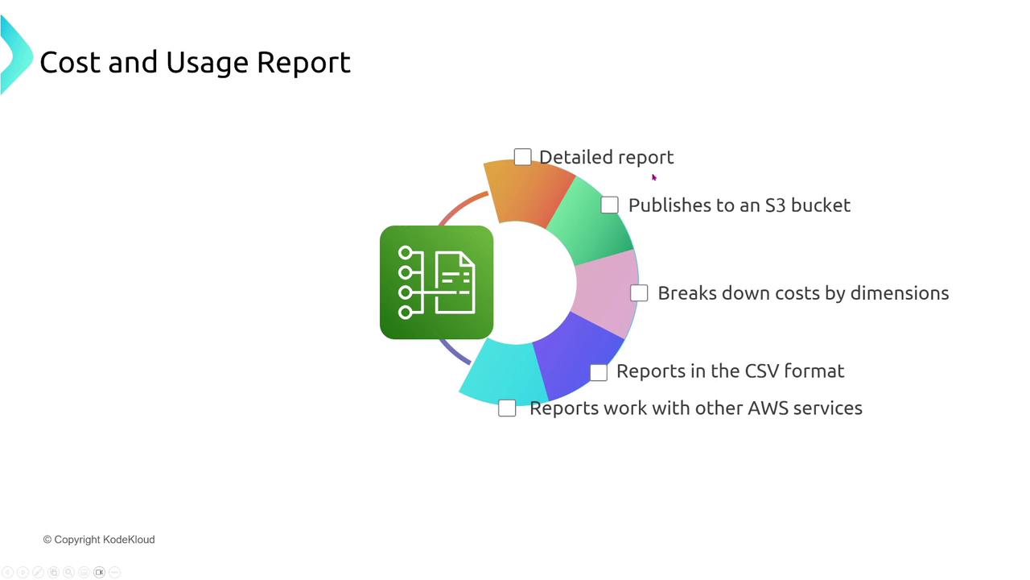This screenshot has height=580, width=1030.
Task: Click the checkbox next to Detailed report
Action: tap(522, 157)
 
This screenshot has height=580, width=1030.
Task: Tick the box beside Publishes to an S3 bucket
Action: tap(609, 205)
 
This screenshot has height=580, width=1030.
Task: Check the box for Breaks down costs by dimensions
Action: tap(639, 292)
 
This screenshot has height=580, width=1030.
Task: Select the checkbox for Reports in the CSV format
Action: tap(598, 372)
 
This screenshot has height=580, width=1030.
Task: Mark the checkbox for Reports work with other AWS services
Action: tap(507, 408)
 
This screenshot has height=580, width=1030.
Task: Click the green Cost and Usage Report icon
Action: tap(436, 282)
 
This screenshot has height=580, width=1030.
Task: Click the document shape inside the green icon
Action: tap(455, 282)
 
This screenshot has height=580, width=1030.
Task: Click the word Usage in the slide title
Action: tap(207, 63)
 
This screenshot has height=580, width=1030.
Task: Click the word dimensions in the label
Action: tap(900, 293)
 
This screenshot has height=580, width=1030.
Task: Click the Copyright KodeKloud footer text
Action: tap(99, 540)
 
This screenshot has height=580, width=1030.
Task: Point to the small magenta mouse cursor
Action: tap(654, 178)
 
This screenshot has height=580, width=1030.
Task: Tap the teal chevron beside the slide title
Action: tap(17, 55)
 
